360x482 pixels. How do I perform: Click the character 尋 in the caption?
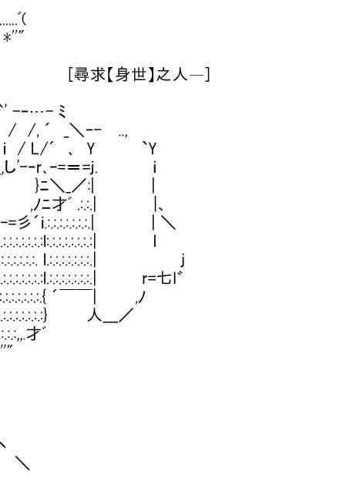(x=82, y=75)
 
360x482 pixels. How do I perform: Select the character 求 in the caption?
(x=98, y=75)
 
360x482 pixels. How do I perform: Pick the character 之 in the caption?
(x=163, y=75)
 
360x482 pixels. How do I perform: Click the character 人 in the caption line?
(x=180, y=75)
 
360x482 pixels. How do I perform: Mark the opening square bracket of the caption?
(x=70, y=75)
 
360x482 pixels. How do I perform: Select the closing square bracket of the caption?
(x=207, y=75)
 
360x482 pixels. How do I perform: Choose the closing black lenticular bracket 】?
(x=151, y=75)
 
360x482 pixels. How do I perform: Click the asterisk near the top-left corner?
(x=8, y=39)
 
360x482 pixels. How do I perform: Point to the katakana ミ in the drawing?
(x=62, y=111)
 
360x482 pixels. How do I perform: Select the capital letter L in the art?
(x=35, y=149)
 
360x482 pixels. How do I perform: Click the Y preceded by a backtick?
(x=153, y=149)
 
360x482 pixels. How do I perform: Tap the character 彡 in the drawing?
(x=25, y=222)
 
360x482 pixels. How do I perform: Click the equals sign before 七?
(x=153, y=279)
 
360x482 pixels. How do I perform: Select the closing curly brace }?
(x=45, y=315)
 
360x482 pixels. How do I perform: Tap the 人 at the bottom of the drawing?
(x=96, y=315)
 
